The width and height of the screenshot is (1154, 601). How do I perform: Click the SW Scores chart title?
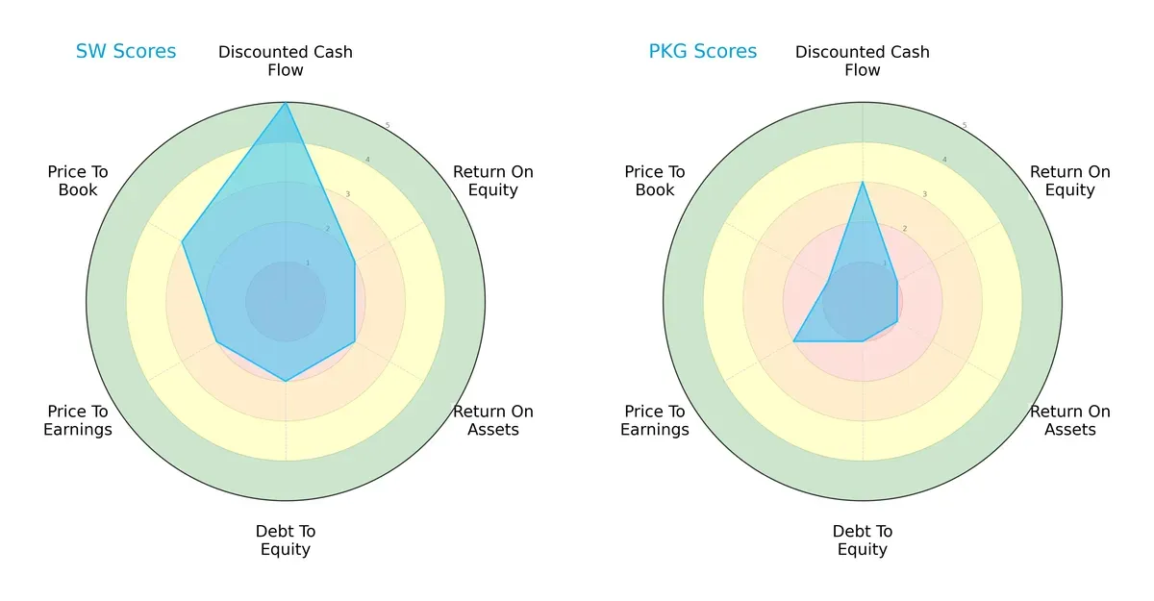tap(126, 52)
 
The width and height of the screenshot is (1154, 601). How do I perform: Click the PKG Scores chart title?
tap(703, 52)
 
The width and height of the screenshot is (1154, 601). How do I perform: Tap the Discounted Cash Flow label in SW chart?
tap(286, 61)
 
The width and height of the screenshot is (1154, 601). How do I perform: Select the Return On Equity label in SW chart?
tap(492, 181)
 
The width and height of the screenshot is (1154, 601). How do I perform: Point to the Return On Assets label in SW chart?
tap(492, 420)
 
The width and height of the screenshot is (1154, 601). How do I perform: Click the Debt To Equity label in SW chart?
tap(286, 540)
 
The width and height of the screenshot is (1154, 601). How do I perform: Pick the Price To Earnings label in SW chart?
tap(78, 420)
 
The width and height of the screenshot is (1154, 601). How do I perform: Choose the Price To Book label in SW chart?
tap(78, 181)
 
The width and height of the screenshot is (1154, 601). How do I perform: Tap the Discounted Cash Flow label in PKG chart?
tap(863, 61)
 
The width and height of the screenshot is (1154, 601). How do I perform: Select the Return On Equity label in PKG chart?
tap(1069, 181)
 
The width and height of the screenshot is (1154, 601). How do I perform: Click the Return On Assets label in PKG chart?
tap(1069, 420)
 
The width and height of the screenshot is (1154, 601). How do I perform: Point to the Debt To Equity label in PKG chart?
tap(863, 540)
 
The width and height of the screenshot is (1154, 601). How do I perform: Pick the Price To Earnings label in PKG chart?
tap(655, 420)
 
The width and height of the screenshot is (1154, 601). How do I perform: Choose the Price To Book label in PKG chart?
tap(655, 181)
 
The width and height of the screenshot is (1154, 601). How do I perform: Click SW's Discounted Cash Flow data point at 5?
tap(286, 103)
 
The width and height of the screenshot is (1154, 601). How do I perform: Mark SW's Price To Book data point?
tap(183, 241)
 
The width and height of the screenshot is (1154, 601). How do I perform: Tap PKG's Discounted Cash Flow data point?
tap(863, 182)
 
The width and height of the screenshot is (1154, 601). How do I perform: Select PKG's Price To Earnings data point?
tap(793, 341)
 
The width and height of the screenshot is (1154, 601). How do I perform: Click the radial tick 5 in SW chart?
tap(388, 125)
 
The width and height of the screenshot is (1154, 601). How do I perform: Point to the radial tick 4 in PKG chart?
tap(944, 160)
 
